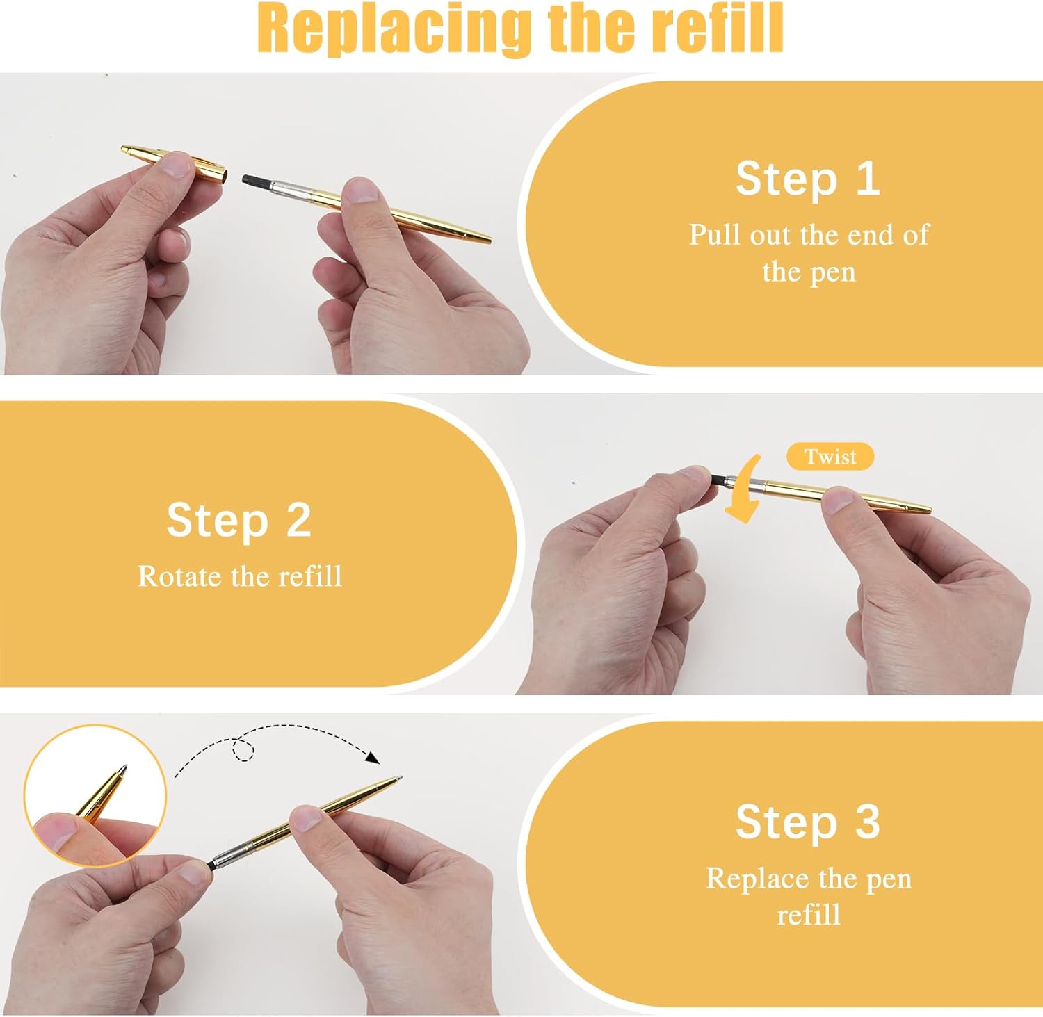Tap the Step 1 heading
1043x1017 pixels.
tap(808, 179)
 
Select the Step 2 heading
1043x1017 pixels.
tap(238, 520)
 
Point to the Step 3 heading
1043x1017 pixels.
tap(808, 822)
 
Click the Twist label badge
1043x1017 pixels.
tap(830, 457)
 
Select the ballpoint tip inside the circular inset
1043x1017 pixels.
tap(124, 770)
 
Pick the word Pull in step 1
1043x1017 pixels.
tap(715, 235)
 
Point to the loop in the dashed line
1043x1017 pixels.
tap(243, 749)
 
